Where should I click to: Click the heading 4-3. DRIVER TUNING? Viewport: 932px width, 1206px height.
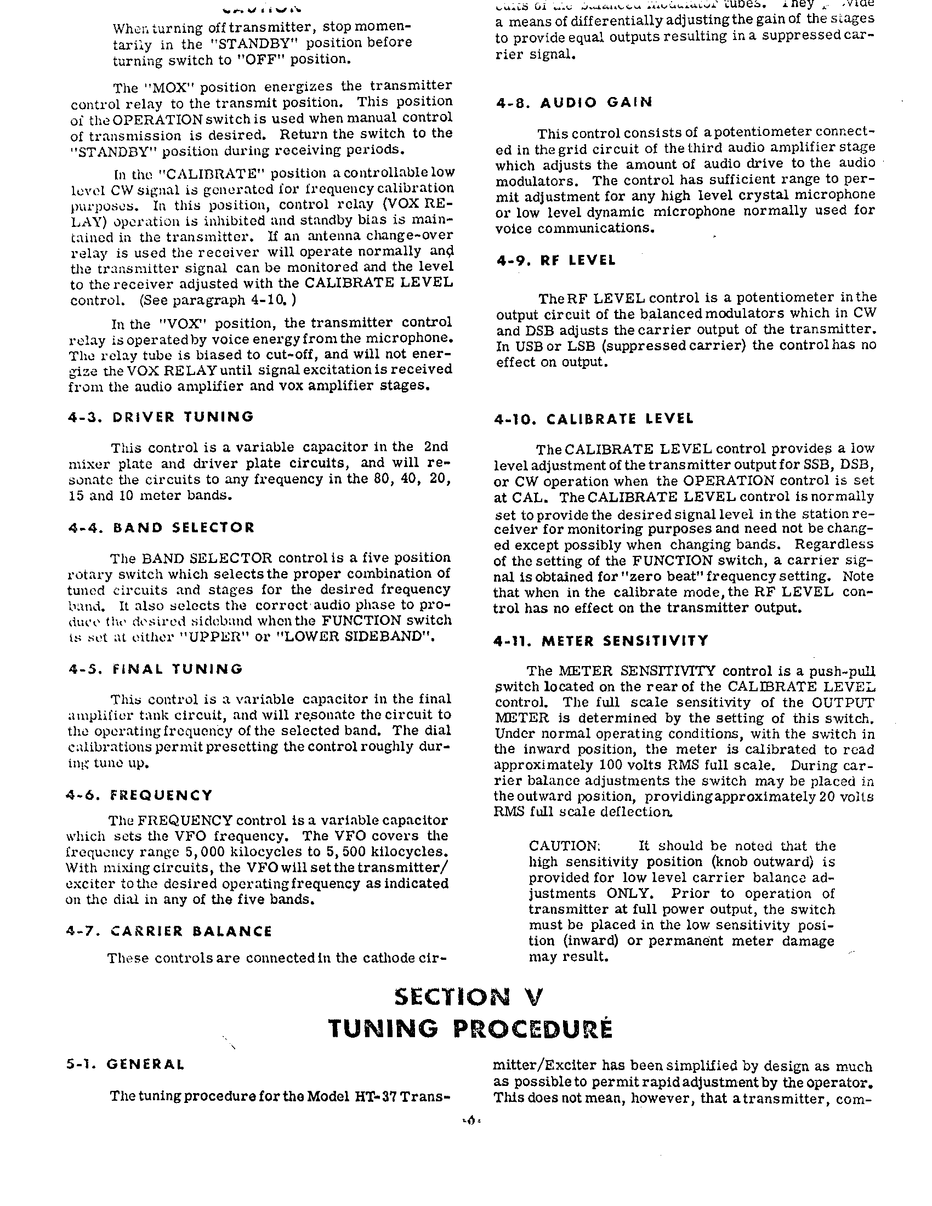tap(161, 417)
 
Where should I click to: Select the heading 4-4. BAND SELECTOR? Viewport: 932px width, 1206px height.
tap(161, 527)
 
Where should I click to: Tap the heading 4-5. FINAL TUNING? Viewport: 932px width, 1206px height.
tap(155, 669)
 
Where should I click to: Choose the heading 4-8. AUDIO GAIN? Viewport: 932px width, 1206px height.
tap(573, 103)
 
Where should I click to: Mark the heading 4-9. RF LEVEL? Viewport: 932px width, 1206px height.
tap(555, 260)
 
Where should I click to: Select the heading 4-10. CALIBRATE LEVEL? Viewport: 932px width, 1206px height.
tap(593, 419)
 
